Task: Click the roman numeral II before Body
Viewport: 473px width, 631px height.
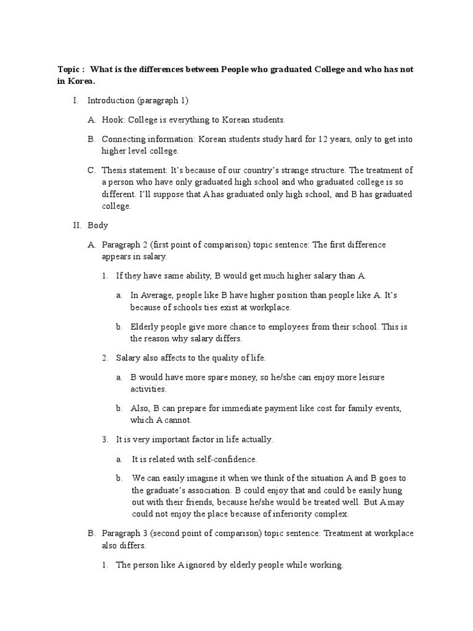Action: (76, 226)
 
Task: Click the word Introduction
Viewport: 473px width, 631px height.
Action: (110, 100)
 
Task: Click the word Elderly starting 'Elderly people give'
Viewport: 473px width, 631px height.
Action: (145, 327)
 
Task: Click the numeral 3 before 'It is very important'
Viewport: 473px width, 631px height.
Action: (105, 439)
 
